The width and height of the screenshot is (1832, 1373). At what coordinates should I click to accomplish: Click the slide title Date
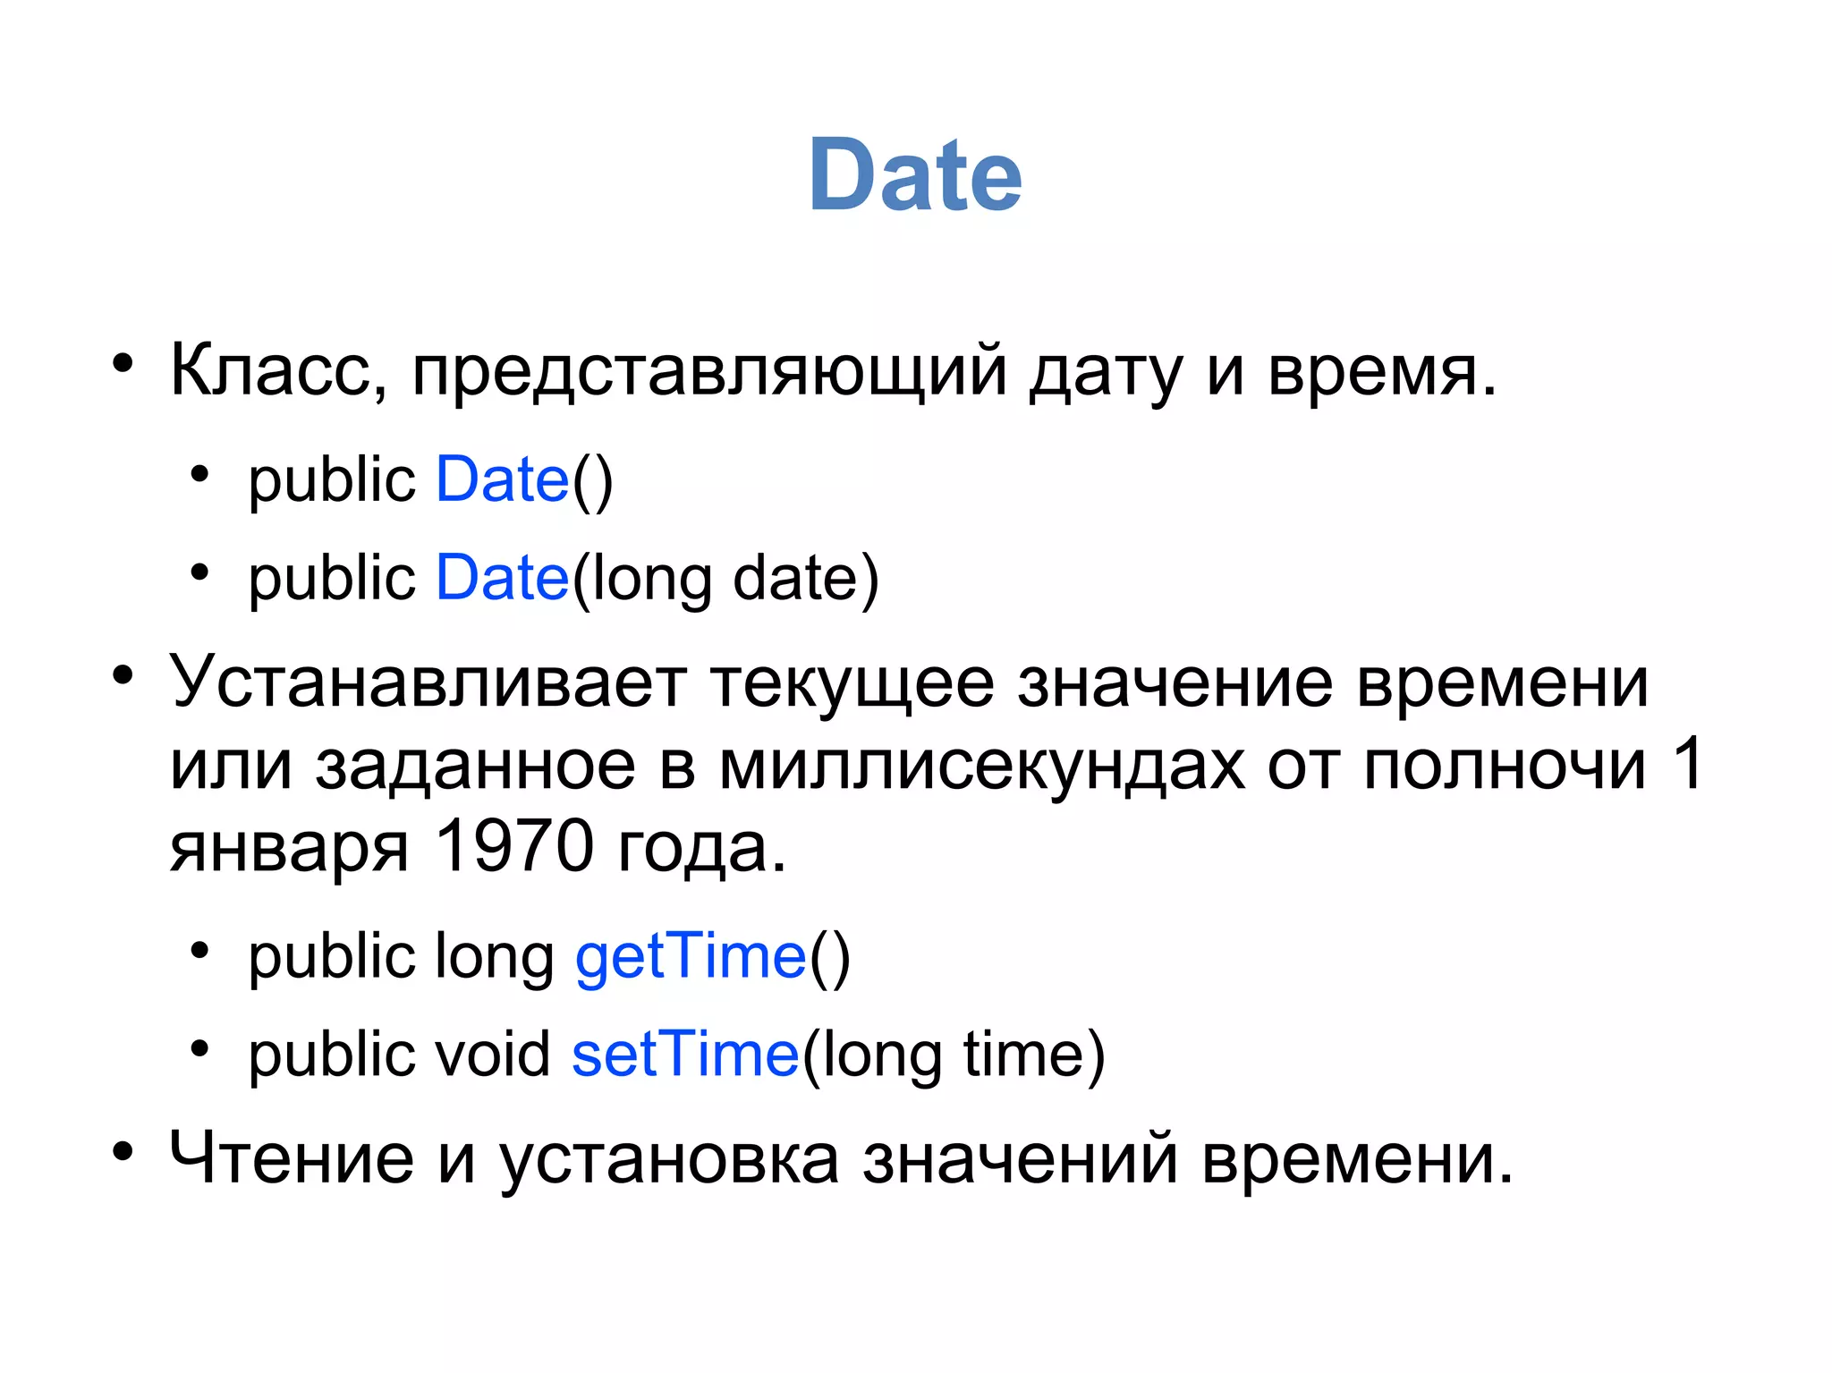(914, 175)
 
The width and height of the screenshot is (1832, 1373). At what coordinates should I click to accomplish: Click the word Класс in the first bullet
(278, 369)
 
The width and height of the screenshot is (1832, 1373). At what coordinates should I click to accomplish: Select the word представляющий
(709, 371)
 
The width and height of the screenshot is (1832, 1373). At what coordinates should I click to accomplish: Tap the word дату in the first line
(1106, 371)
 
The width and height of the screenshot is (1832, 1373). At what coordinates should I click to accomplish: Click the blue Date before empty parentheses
(502, 479)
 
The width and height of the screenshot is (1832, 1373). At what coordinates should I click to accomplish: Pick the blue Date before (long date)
(502, 578)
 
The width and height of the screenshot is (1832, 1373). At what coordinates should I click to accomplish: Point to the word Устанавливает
(428, 682)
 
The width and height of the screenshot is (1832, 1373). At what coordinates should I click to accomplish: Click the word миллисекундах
(981, 766)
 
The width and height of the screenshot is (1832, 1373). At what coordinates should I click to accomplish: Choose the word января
(289, 848)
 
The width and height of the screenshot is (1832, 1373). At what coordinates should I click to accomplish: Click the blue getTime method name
(691, 957)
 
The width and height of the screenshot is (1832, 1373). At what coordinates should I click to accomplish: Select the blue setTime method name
(685, 1055)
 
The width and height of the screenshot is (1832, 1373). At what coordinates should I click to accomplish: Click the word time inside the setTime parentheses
(1022, 1055)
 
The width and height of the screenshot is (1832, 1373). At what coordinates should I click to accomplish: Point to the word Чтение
(292, 1157)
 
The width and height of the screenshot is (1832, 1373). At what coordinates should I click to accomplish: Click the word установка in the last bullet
(669, 1159)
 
